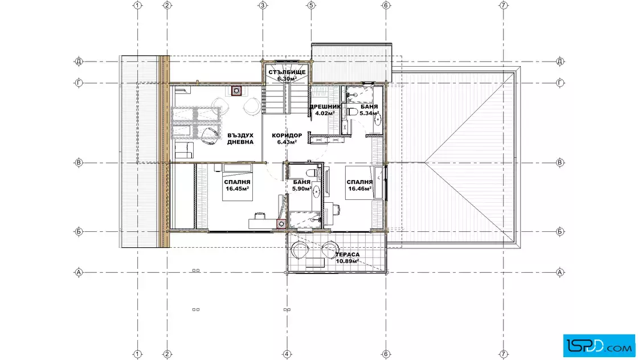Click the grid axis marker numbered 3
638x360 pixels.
tap(263, 5)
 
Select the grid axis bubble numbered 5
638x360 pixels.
tap(311, 5)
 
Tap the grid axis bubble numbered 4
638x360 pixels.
tap(287, 354)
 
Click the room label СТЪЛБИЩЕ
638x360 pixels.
tap(287, 72)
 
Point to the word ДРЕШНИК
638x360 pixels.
tap(325, 107)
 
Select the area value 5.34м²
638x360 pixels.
tap(369, 113)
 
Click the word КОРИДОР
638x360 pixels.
tap(287, 136)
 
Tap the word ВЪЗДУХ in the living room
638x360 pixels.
tap(240, 136)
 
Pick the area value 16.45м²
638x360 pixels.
tap(237, 189)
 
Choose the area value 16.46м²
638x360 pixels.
tap(359, 189)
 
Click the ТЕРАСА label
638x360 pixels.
tap(347, 255)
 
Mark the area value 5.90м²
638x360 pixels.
tap(302, 189)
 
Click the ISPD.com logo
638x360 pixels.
tap(599, 346)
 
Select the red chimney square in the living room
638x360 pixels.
tap(236, 91)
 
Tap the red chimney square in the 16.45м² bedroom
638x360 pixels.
tap(281, 224)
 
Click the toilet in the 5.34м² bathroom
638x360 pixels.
tap(352, 112)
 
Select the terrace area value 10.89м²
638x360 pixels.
tap(347, 261)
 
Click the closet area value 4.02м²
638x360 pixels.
tap(325, 113)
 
